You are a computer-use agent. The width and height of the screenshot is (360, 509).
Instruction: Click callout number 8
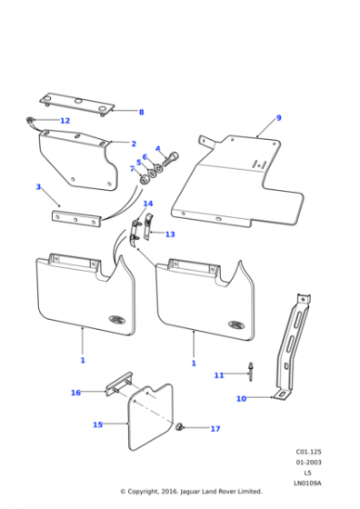[141, 113]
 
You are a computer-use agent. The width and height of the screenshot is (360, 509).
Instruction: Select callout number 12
[65, 121]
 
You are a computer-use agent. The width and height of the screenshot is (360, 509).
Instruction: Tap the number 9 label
[278, 118]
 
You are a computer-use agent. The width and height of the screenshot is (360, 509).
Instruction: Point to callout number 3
[38, 186]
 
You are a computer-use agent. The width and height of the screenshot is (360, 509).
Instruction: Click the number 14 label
[148, 204]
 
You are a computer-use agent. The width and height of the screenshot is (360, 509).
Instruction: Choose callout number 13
[170, 235]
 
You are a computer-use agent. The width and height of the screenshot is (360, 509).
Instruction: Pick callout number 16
[75, 393]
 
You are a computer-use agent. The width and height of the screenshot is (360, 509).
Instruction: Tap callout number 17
[215, 429]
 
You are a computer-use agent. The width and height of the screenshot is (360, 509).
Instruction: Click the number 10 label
[241, 399]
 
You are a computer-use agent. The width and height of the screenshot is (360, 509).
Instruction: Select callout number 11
[219, 375]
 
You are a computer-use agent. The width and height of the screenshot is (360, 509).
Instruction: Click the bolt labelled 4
[170, 159]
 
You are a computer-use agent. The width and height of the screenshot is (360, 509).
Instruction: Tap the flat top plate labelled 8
[77, 104]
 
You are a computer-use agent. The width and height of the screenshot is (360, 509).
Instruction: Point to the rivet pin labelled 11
[251, 372]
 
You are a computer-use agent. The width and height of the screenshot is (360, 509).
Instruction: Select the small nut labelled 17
[179, 427]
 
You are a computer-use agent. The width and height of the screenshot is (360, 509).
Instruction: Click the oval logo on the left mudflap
[117, 319]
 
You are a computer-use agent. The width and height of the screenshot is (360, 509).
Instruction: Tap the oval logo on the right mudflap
[236, 324]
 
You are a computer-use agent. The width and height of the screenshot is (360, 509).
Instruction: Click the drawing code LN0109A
[307, 483]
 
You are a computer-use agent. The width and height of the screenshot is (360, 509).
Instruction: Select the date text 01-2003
[308, 463]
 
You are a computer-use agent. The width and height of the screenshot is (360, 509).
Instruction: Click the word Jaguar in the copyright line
[191, 492]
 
